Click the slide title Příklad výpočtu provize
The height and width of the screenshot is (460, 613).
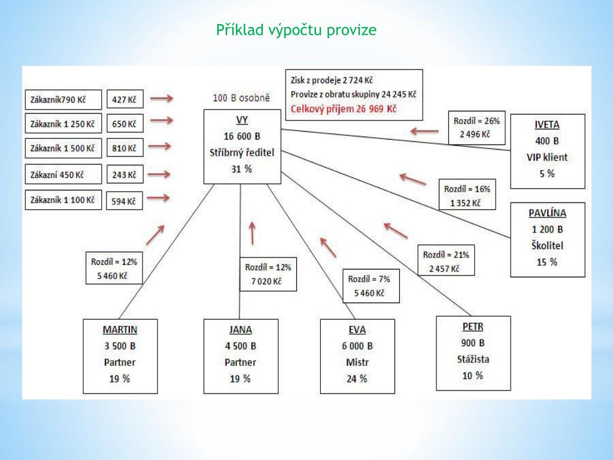pos(296,30)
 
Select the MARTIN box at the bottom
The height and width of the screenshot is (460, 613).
pos(120,356)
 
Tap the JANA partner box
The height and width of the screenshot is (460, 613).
pos(241,356)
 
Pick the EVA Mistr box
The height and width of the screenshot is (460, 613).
pos(357,356)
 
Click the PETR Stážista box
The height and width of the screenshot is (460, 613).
pos(473,352)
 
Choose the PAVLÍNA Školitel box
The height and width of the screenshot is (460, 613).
pos(547,238)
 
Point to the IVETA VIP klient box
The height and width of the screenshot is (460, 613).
pos(547,150)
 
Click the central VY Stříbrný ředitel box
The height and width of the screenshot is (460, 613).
pos(242,146)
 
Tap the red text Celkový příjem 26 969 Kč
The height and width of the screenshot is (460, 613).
pos(343,109)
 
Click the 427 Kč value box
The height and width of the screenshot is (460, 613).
pos(125,99)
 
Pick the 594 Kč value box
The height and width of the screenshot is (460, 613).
pos(125,201)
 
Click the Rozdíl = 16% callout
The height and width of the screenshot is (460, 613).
pos(466,195)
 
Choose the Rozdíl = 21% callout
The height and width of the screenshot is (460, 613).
pos(445,261)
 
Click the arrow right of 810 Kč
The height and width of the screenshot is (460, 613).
pos(160,146)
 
